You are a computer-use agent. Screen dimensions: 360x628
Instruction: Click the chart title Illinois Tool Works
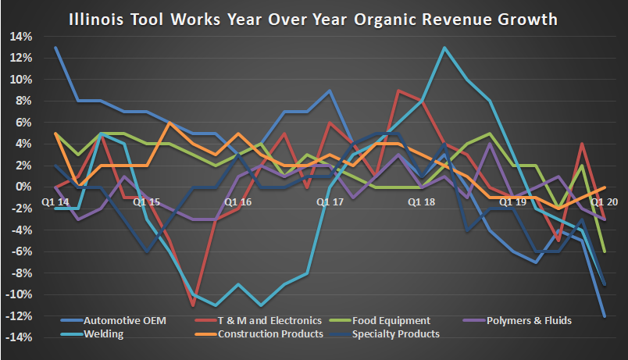click(x=313, y=16)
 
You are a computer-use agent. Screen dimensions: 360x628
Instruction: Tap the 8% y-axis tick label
click(x=23, y=101)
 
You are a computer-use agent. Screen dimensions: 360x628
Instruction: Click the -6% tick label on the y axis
click(x=20, y=251)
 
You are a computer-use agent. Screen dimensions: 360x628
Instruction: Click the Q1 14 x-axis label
click(x=55, y=201)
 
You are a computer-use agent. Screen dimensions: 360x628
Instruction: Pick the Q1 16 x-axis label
click(x=237, y=201)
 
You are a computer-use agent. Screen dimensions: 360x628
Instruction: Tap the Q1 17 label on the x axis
click(x=330, y=201)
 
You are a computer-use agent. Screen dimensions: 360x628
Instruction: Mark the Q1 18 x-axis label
click(x=421, y=201)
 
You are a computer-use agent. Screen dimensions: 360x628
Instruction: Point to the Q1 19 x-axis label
click(x=512, y=201)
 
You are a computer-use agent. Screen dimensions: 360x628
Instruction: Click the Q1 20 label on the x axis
click(x=604, y=201)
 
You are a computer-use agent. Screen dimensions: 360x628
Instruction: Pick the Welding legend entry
click(x=102, y=333)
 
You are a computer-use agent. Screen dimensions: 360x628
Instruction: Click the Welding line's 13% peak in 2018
click(x=444, y=48)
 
